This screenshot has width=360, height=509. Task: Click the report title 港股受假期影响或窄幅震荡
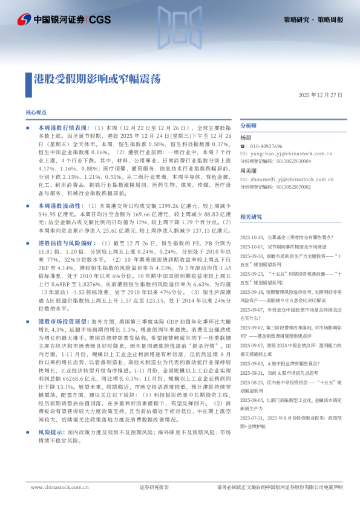(x=97, y=79)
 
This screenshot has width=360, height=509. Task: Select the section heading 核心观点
(x=36, y=113)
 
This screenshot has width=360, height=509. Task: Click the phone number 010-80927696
(x=266, y=146)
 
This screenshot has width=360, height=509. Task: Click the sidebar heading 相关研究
(x=251, y=216)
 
